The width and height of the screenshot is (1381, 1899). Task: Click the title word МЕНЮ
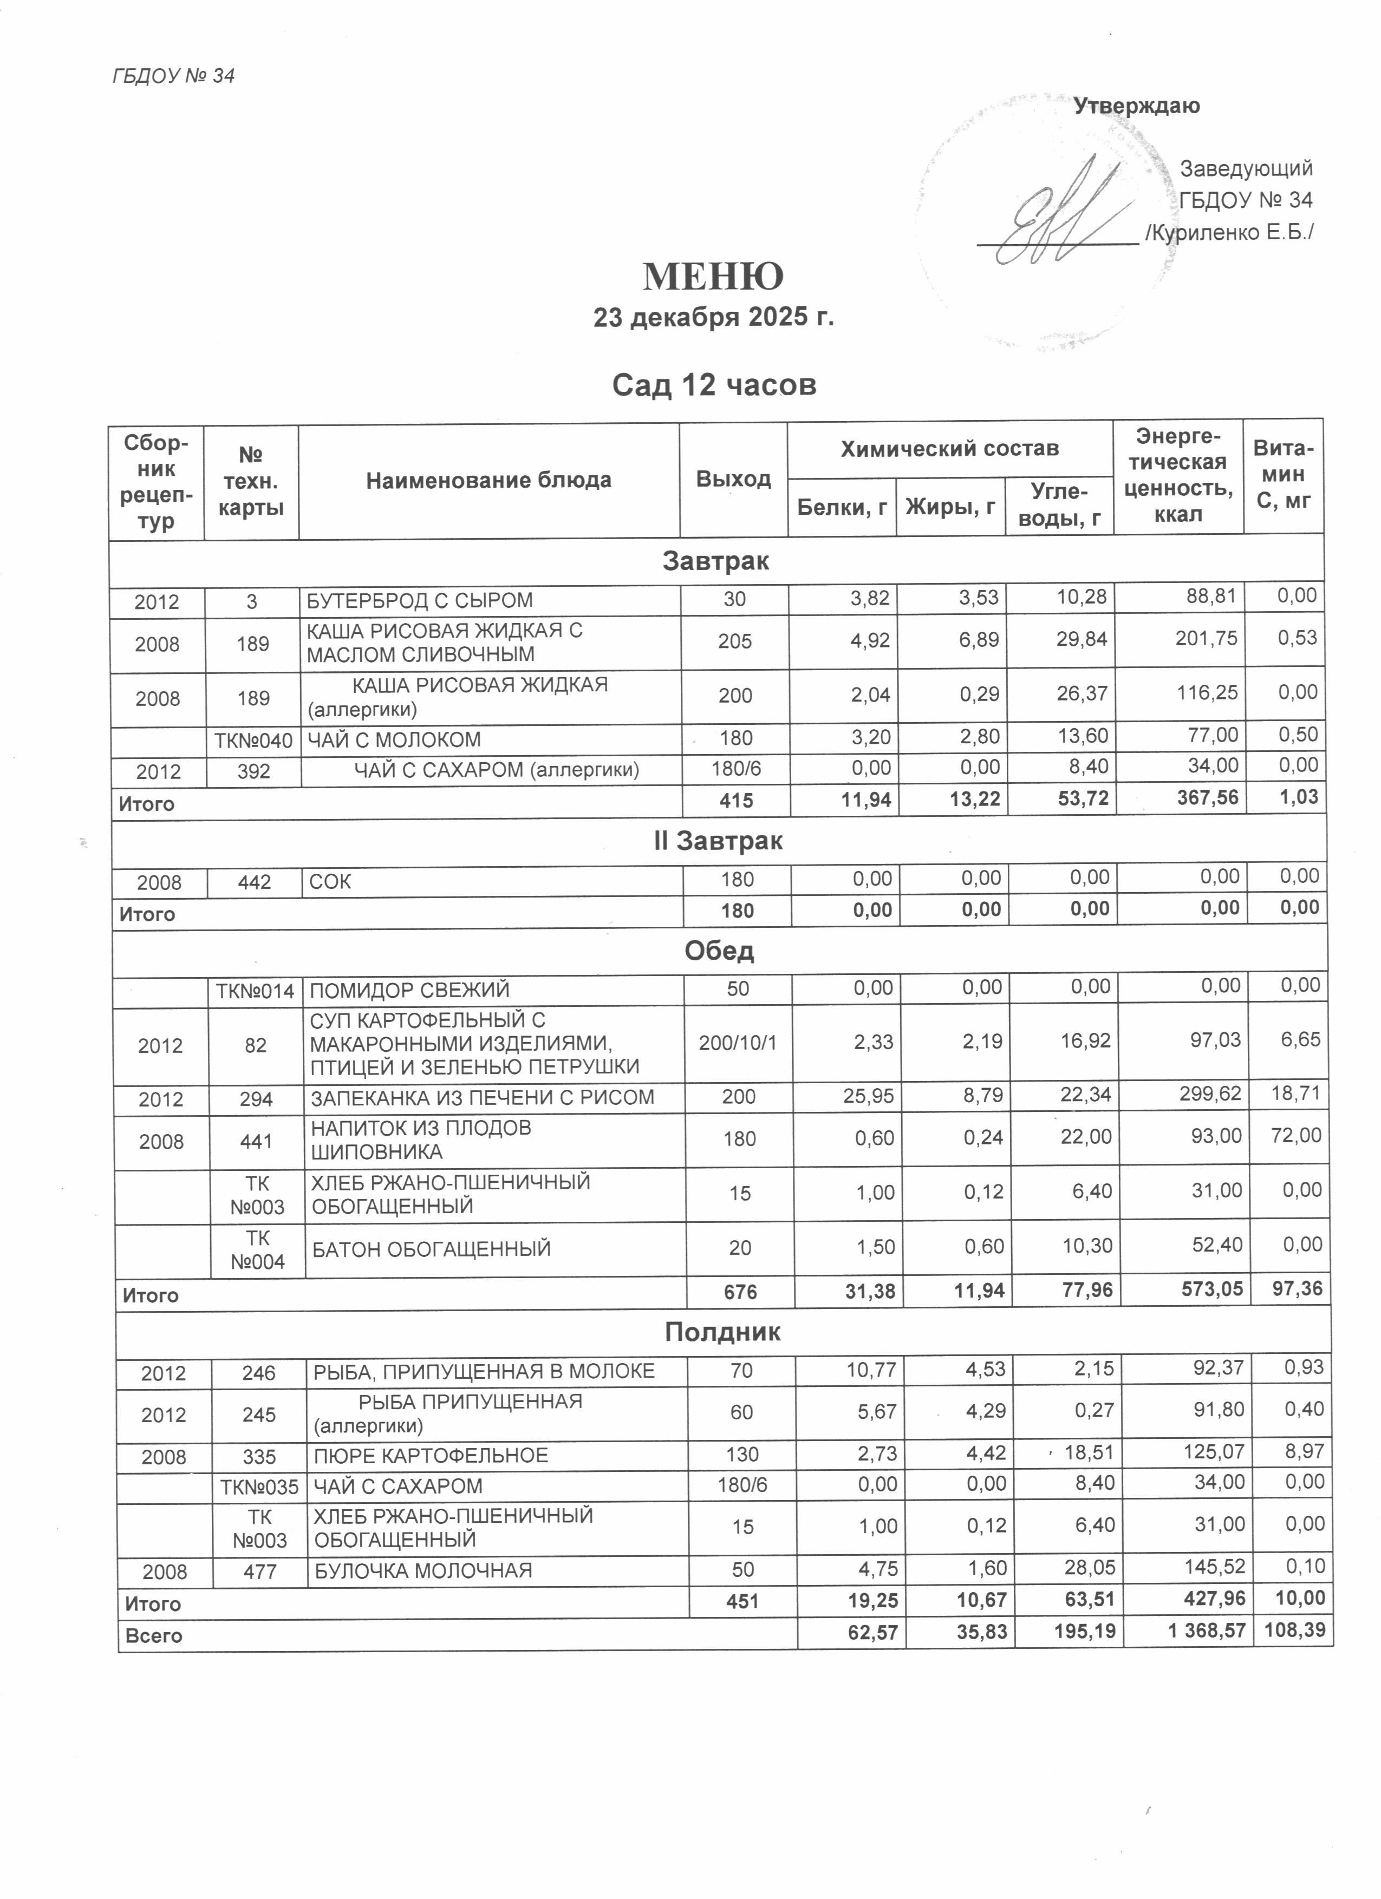[713, 276]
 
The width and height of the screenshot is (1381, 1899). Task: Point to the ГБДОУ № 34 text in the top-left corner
[173, 76]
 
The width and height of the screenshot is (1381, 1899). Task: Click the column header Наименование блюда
[488, 481]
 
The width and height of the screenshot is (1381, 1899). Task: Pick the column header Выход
[733, 479]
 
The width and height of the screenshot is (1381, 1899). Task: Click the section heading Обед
[719, 951]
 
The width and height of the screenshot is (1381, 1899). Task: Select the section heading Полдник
[722, 1332]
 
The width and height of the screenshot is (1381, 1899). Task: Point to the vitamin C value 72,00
[1295, 1136]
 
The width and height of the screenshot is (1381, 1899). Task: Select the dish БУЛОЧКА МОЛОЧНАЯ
[423, 1571]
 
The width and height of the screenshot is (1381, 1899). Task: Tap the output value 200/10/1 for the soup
[738, 1043]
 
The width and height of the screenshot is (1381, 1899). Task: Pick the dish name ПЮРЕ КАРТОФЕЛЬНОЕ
[431, 1455]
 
